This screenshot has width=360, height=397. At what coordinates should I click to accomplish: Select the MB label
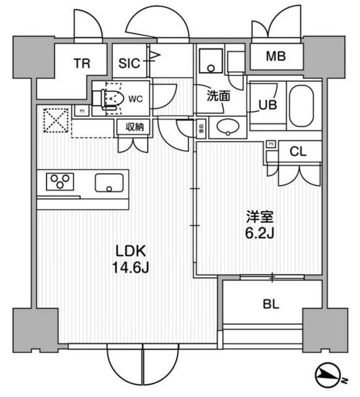click(x=276, y=57)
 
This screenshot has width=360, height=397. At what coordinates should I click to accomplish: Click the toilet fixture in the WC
click(x=110, y=97)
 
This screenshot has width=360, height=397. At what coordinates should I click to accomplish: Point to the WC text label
click(x=137, y=97)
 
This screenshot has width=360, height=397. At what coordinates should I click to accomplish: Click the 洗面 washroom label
click(x=219, y=96)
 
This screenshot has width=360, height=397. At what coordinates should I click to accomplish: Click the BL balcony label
click(x=271, y=305)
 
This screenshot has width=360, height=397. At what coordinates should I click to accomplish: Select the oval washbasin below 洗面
click(x=227, y=127)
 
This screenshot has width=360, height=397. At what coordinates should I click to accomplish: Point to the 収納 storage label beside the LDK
click(x=134, y=127)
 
